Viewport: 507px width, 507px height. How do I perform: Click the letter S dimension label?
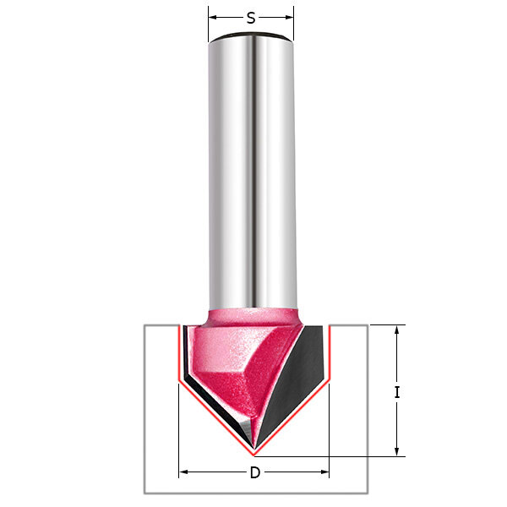pyautogui.click(x=251, y=18)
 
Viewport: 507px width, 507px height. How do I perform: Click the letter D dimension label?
pyautogui.click(x=255, y=472)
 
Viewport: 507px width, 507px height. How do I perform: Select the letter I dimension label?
pyautogui.click(x=397, y=392)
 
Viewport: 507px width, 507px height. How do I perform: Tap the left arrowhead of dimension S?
pyautogui.click(x=212, y=18)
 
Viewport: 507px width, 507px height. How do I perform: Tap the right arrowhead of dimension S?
pyautogui.click(x=289, y=18)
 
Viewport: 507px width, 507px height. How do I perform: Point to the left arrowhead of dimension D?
pyautogui.click(x=183, y=472)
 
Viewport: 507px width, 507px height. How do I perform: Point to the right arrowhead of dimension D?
pyautogui.click(x=324, y=472)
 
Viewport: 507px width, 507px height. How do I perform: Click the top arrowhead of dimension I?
pyautogui.click(x=397, y=330)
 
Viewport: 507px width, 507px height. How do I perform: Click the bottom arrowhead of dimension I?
pyautogui.click(x=397, y=452)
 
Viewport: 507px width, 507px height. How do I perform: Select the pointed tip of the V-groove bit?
pyautogui.click(x=254, y=450)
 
